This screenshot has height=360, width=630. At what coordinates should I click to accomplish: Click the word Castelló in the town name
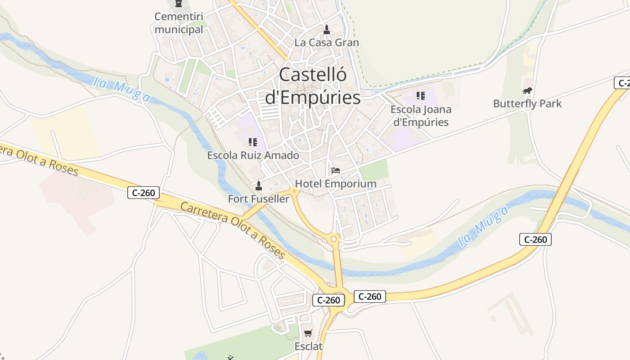click(x=313, y=75)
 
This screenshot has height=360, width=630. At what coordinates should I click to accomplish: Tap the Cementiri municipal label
click(x=179, y=23)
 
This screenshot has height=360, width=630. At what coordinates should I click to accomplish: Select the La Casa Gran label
click(x=327, y=43)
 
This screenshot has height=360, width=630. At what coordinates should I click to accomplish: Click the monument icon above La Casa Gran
click(x=327, y=30)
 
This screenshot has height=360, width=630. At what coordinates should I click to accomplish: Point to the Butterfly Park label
click(x=527, y=104)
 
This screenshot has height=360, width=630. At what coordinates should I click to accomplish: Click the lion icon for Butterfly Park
click(x=527, y=91)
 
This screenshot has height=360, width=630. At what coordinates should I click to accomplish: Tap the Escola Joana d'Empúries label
click(x=421, y=116)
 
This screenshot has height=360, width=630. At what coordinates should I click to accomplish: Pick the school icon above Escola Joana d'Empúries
click(x=421, y=96)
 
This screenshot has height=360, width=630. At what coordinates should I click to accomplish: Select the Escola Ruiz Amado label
click(x=253, y=156)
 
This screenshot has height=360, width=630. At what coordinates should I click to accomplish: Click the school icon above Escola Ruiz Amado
click(x=253, y=143)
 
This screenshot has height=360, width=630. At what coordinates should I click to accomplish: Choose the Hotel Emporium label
click(x=336, y=184)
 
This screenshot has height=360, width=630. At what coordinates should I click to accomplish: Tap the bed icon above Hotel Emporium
click(x=336, y=171)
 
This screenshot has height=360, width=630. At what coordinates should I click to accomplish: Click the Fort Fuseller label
click(x=259, y=198)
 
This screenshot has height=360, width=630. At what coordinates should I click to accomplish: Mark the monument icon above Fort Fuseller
click(x=259, y=185)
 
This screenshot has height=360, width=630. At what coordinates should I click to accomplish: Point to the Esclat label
click(x=309, y=346)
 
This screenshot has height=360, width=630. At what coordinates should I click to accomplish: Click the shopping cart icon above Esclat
click(x=308, y=333)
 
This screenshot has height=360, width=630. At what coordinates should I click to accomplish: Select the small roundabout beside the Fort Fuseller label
click(x=295, y=192)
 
